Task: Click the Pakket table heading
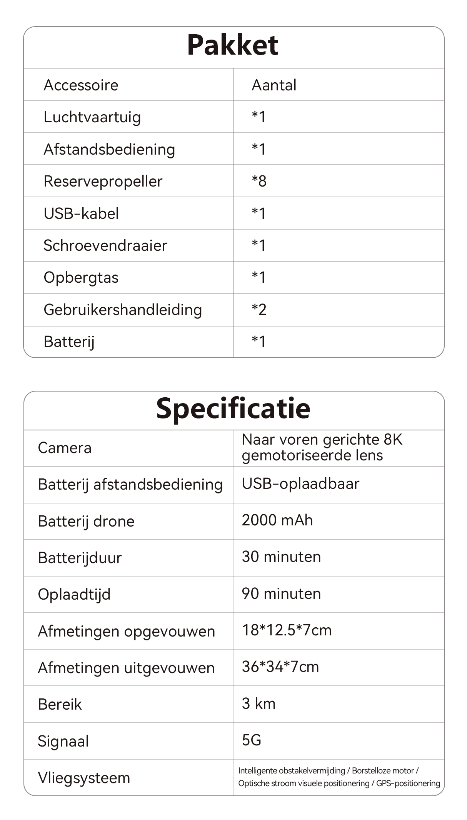pyautogui.click(x=233, y=45)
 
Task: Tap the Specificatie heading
pyautogui.click(x=233, y=408)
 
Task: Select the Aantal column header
pyautogui.click(x=274, y=85)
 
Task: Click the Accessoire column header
pyautogui.click(x=81, y=85)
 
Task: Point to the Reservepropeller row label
pyautogui.click(x=103, y=181)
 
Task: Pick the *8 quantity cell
pyautogui.click(x=259, y=181)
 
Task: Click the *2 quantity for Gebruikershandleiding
pyautogui.click(x=259, y=310)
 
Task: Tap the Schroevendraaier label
pyautogui.click(x=105, y=245)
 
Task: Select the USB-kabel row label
pyautogui.click(x=81, y=213)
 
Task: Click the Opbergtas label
pyautogui.click(x=81, y=278)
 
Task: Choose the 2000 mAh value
pyautogui.click(x=277, y=520)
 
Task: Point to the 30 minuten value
pyautogui.click(x=281, y=557)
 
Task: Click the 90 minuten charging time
pyautogui.click(x=281, y=594)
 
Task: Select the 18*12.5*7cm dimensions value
pyautogui.click(x=287, y=630)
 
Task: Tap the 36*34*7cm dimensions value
pyautogui.click(x=280, y=667)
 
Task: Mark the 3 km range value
pyautogui.click(x=259, y=704)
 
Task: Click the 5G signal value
pyautogui.click(x=252, y=740)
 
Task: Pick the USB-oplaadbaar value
pyautogui.click(x=300, y=484)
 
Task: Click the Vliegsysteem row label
pyautogui.click(x=84, y=778)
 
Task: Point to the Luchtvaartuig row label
pyautogui.click(x=92, y=117)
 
